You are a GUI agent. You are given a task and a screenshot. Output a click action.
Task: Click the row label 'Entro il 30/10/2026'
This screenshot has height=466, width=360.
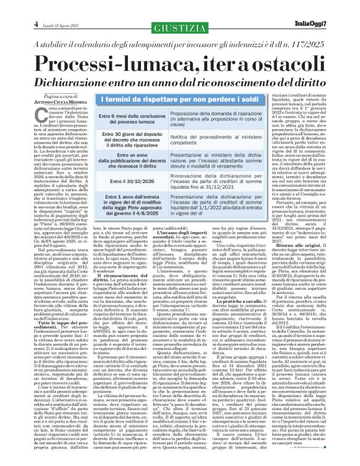(x=122, y=181)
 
